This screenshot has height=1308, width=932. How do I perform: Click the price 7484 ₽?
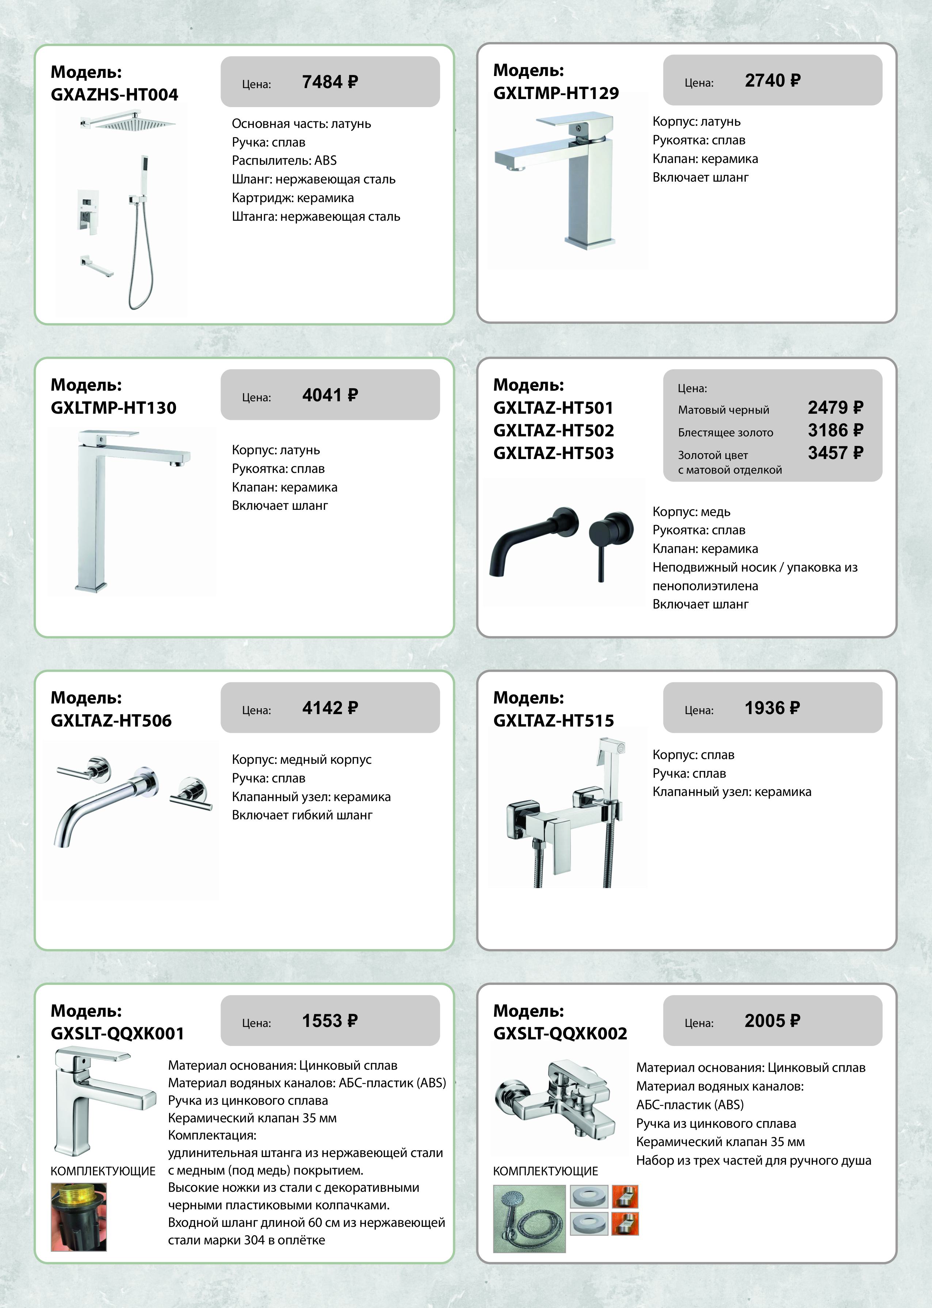point(330,82)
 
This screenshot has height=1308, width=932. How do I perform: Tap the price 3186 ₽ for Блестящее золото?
point(835,430)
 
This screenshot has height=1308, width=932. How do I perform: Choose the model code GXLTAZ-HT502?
point(553,430)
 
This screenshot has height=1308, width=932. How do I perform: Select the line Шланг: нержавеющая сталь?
point(313,179)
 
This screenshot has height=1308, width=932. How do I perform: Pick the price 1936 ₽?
point(772,708)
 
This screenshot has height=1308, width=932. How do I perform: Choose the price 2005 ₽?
point(772,1021)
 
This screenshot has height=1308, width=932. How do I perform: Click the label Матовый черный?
point(723,410)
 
